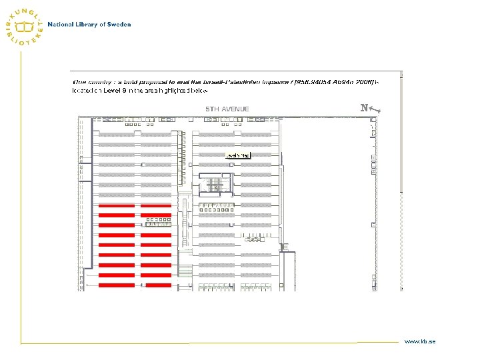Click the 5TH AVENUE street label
coord(227,109)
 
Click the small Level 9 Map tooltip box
coord(238,155)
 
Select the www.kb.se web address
coord(419,341)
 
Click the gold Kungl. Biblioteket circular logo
coord(26,26)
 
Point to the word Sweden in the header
coord(119,25)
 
